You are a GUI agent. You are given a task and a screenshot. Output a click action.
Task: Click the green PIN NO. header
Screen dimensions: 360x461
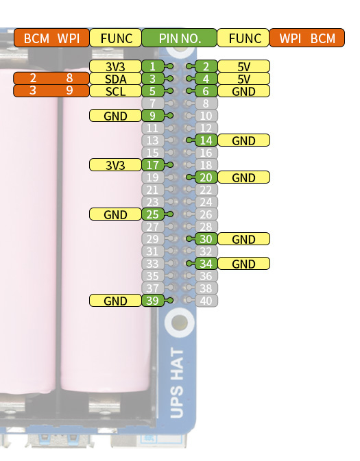(x=179, y=38)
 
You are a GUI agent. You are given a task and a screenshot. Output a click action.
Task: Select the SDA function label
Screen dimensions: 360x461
(x=115, y=79)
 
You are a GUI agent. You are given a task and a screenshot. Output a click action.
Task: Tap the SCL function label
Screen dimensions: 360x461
(x=115, y=91)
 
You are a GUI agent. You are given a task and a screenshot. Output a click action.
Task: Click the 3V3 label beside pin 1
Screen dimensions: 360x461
(x=115, y=66)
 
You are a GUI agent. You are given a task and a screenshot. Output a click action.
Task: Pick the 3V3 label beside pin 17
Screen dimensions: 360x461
(x=115, y=165)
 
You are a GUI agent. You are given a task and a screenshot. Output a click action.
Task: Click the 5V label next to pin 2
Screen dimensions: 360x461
(x=243, y=66)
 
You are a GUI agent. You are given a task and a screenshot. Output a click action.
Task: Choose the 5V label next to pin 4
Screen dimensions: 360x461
(x=243, y=79)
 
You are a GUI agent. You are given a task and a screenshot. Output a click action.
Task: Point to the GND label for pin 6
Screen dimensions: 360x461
(x=243, y=91)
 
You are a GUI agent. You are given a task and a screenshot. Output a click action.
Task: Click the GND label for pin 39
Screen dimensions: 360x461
(x=115, y=301)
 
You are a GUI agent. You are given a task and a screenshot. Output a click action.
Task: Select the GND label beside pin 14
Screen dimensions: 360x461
(x=243, y=140)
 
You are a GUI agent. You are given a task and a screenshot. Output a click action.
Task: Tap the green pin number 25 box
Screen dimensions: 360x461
(x=152, y=214)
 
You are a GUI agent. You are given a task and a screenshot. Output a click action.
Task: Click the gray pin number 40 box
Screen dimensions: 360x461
(x=206, y=301)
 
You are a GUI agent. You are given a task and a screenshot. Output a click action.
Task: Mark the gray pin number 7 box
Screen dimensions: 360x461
(x=152, y=103)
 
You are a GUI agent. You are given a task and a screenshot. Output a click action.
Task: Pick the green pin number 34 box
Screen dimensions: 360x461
(x=206, y=264)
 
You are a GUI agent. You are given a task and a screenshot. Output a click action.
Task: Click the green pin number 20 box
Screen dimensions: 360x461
(x=206, y=177)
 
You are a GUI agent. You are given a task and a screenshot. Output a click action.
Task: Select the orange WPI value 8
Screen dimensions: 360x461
(x=69, y=78)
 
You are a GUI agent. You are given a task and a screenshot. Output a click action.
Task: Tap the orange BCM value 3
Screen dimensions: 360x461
(x=33, y=90)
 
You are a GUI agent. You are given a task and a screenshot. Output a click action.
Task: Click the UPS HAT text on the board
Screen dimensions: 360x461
(x=177, y=383)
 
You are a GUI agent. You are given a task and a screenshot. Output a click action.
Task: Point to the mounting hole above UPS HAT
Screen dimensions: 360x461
(x=180, y=323)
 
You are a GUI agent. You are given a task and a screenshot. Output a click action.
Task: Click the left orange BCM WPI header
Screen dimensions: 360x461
(x=51, y=38)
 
